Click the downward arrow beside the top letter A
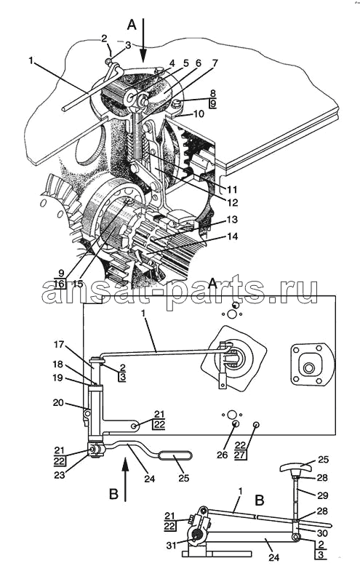pos(143,40)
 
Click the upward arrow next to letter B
pos(125,479)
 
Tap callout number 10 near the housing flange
pos(199,113)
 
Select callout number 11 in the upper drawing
pos(232,190)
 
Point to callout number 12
pos(233,203)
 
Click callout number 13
pos(232,220)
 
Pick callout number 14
pos(232,236)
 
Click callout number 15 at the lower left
pos(78,284)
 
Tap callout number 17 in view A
pos(59,345)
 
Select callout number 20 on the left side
pos(58,402)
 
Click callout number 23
pos(60,475)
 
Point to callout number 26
pos(222,454)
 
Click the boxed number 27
pos(240,455)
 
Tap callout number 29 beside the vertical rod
pos(322,495)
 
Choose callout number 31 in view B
pos(171,546)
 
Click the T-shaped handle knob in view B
pos(293,466)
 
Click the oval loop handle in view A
pos(176,455)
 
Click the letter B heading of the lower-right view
pos(260,500)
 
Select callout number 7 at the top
pos(215,63)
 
